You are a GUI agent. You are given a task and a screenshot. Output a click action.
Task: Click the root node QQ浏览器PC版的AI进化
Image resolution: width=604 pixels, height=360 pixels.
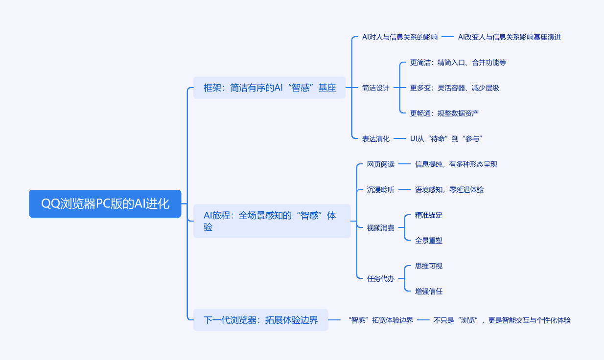[105, 203]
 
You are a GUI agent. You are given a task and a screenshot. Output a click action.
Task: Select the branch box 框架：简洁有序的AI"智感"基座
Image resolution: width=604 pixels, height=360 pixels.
[269, 88]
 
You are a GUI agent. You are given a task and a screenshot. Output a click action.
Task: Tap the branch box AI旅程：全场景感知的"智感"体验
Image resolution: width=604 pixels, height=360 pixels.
[272, 221]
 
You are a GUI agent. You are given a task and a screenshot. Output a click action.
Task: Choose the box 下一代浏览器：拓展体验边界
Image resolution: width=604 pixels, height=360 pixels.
[260, 320]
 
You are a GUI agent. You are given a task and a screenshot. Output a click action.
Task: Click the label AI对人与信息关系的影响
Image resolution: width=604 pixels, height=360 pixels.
[399, 37]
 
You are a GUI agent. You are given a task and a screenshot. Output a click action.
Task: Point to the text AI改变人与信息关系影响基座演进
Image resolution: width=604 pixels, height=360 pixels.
[509, 37]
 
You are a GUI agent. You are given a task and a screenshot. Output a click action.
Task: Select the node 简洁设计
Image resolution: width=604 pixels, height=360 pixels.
[375, 88]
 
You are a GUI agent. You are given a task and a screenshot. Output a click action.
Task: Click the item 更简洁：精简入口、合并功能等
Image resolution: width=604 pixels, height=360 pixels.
[458, 63]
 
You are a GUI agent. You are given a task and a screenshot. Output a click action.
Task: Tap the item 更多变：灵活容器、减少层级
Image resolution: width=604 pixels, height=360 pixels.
[454, 88]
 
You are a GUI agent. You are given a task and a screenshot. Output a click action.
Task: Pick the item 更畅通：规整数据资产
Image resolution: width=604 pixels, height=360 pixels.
[444, 113]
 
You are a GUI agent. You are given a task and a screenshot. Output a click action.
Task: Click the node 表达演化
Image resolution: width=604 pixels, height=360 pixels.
[375, 139]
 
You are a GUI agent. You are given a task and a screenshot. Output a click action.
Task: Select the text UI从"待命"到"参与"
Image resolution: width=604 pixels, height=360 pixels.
[446, 139]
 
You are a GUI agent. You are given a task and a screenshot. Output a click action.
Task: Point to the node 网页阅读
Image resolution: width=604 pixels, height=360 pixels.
[380, 164]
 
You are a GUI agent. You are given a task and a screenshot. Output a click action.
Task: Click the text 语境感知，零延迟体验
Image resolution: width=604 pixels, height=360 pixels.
[449, 190]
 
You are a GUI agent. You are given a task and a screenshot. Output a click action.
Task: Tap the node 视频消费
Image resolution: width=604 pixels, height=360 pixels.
[380, 228]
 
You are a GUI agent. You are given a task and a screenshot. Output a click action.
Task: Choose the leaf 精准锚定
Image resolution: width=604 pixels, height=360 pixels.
[428, 215]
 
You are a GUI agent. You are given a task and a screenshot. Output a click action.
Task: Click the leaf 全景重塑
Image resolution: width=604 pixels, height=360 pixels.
[428, 241]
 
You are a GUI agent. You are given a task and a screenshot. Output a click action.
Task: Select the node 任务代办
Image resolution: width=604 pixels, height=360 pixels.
[380, 279]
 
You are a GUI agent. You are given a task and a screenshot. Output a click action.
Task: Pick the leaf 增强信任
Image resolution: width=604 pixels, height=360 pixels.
[428, 292]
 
